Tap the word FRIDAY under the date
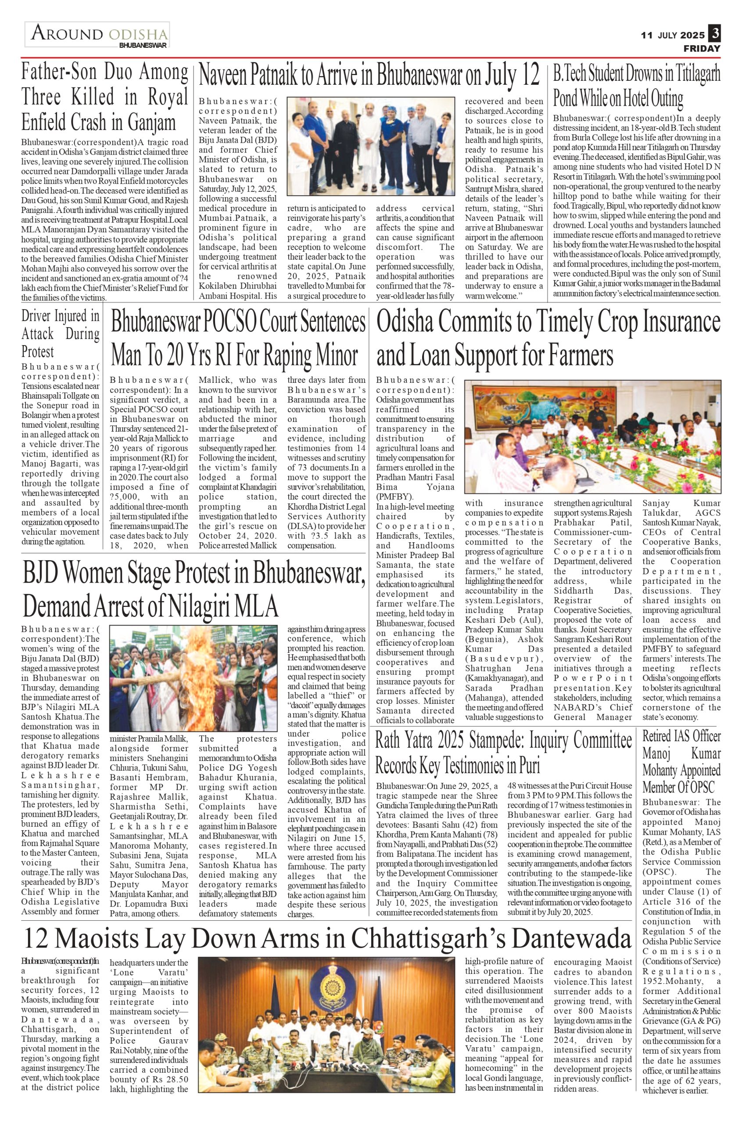(702, 48)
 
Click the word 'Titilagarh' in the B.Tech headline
(695, 74)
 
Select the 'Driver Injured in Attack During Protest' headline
(60, 334)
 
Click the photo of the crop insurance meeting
(592, 436)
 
